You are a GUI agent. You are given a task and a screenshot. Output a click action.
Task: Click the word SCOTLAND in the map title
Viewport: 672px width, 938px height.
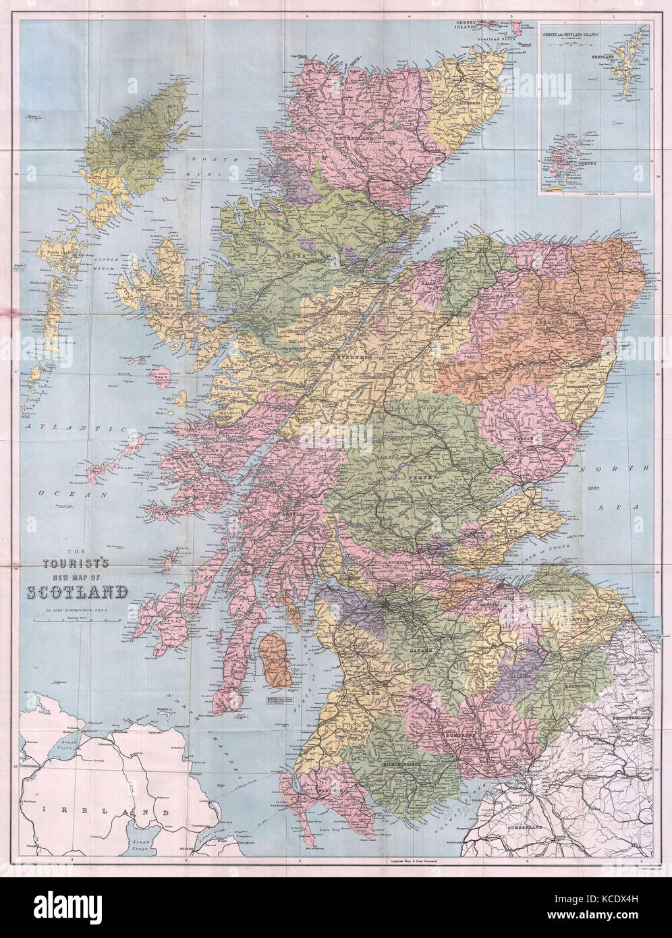tap(78, 592)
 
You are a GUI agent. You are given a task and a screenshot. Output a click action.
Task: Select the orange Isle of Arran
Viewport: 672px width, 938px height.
tap(276, 658)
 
